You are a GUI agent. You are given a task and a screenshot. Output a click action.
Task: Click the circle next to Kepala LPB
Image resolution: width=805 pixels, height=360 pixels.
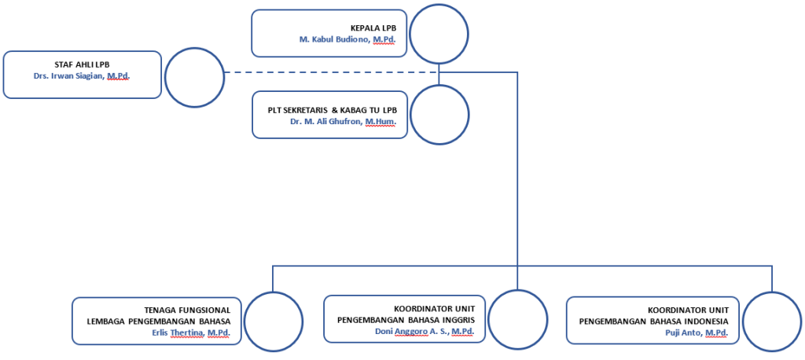(439, 34)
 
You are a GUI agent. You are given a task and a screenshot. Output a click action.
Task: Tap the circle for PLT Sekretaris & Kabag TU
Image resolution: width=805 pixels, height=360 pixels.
(439, 114)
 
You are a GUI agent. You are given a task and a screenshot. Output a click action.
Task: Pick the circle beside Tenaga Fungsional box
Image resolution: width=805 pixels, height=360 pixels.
(273, 321)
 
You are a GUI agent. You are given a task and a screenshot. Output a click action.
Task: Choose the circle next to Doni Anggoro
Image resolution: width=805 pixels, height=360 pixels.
(517, 319)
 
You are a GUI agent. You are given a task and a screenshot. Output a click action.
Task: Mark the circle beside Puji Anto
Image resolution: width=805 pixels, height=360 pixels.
(771, 321)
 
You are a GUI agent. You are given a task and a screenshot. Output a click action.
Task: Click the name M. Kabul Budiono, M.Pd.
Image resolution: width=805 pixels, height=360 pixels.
(347, 40)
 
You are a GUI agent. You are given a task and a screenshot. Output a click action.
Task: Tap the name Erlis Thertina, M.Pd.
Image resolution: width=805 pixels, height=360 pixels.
(191, 332)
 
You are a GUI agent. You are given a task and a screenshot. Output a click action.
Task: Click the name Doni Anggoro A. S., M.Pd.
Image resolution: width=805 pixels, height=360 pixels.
(425, 332)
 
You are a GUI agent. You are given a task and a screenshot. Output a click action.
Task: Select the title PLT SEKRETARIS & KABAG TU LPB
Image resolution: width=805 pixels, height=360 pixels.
(333, 110)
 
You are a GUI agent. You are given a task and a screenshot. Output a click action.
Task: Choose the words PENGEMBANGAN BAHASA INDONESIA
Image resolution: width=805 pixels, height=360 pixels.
(653, 321)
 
